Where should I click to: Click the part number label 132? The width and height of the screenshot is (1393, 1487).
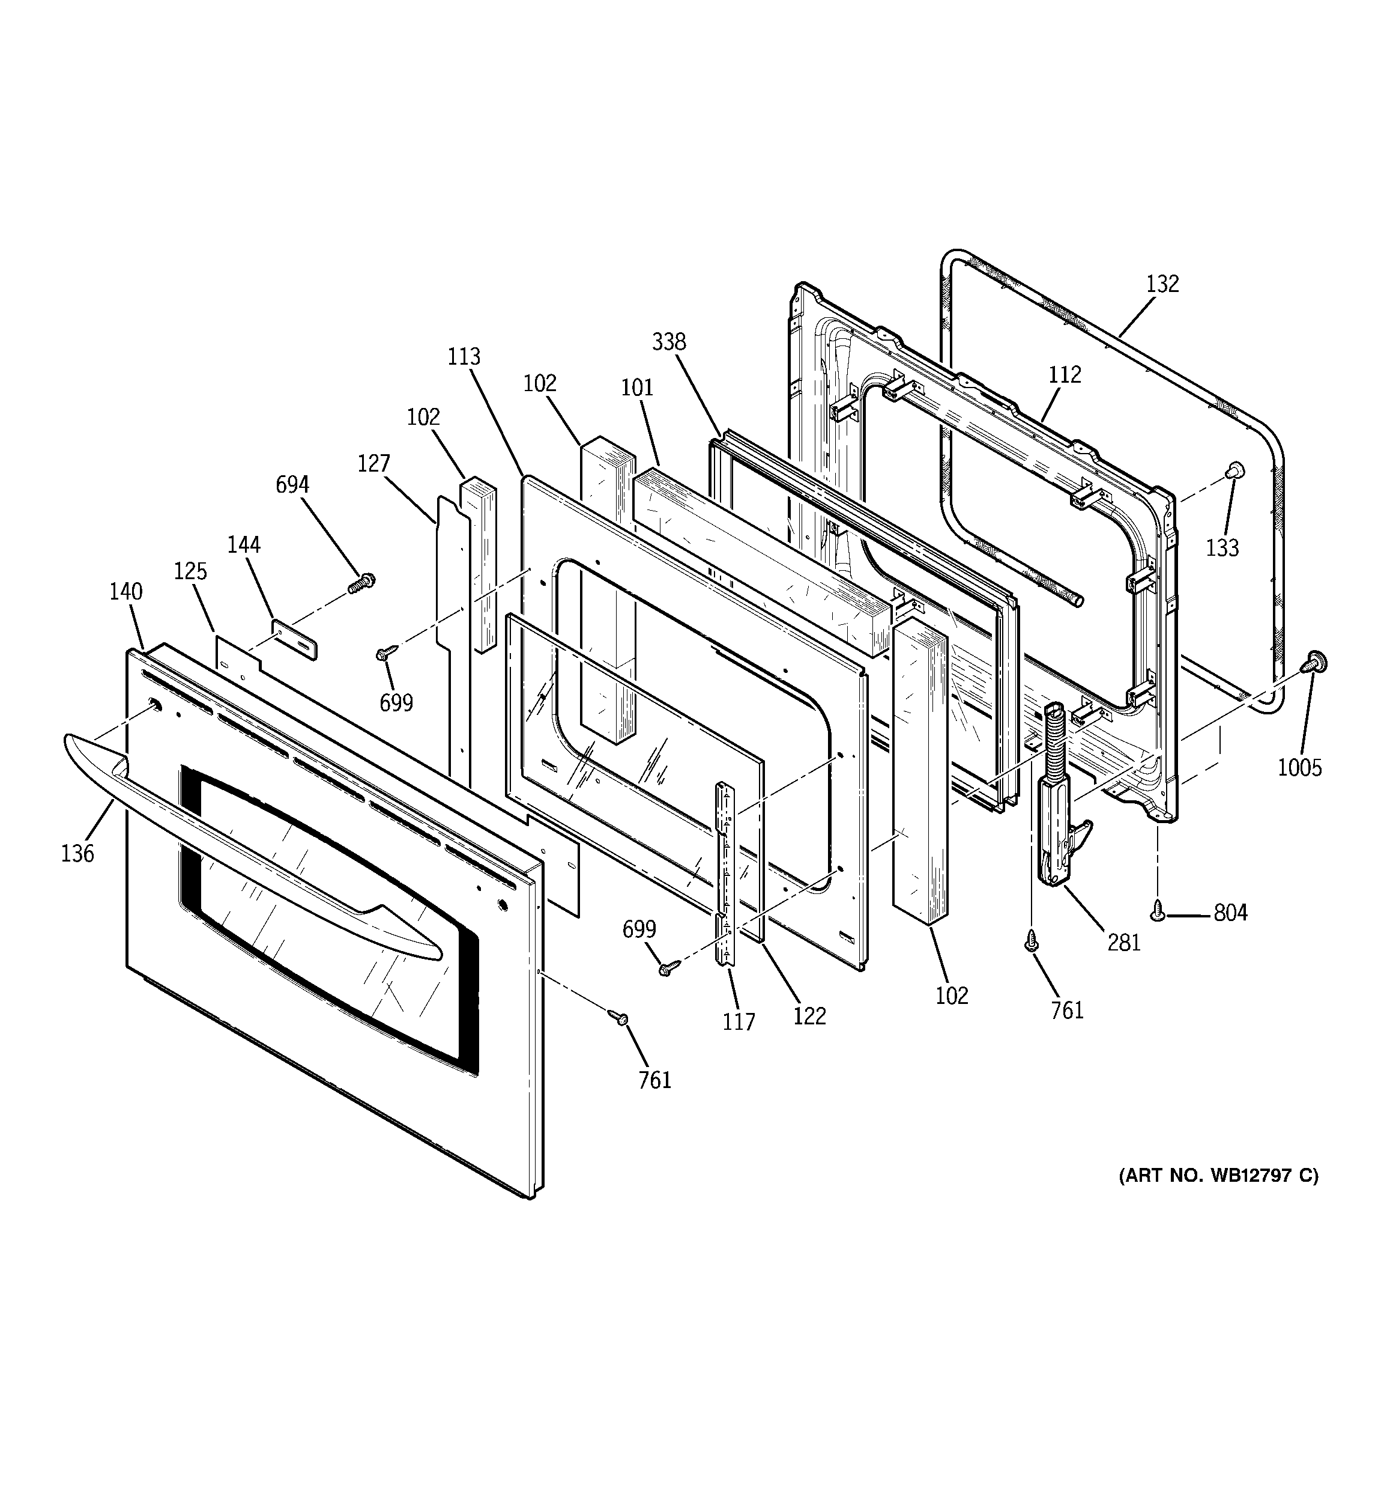coord(1162,284)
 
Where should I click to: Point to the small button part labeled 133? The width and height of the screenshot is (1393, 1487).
coord(1234,469)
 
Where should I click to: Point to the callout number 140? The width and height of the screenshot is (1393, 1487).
coord(125,592)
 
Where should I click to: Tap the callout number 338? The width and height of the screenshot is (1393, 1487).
coord(668,342)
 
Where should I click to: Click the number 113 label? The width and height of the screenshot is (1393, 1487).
coord(464,357)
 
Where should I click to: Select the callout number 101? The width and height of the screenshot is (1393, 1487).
coord(637,388)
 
